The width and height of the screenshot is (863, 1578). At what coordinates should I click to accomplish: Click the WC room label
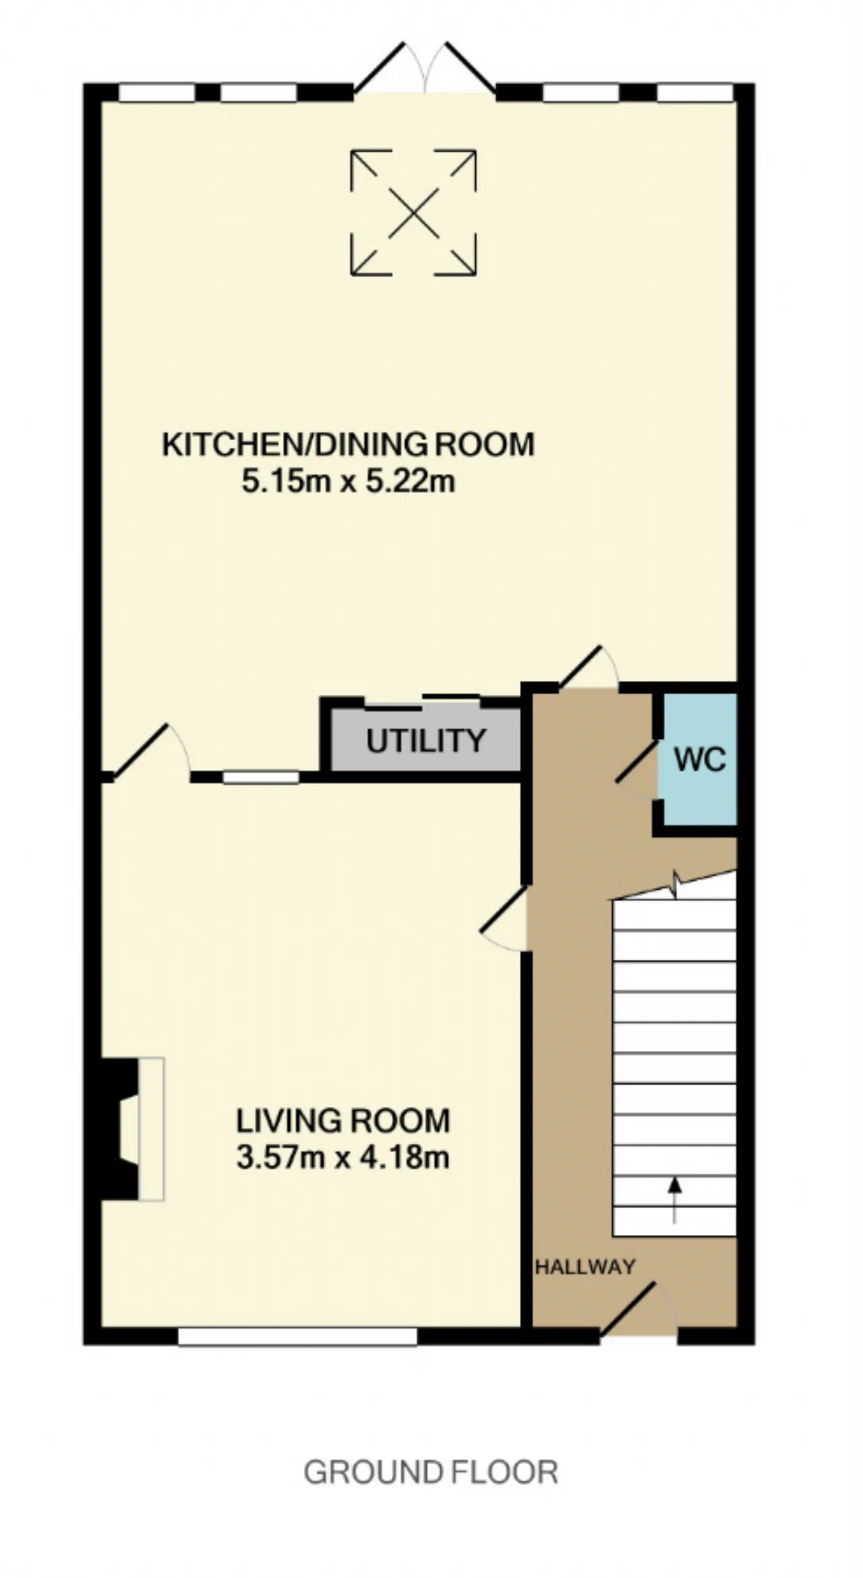tap(701, 760)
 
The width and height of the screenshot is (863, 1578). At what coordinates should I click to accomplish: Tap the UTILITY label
tap(425, 741)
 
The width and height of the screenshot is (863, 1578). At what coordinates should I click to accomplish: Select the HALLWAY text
tap(585, 1267)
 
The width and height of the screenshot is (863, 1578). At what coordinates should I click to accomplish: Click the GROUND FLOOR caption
tap(431, 1473)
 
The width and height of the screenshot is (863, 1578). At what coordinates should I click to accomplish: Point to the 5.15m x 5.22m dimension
tap(349, 482)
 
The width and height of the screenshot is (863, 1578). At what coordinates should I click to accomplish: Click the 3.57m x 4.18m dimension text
tap(343, 1158)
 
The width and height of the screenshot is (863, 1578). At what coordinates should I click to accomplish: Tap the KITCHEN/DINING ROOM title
tap(349, 445)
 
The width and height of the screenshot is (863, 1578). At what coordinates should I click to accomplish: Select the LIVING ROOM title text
tap(343, 1121)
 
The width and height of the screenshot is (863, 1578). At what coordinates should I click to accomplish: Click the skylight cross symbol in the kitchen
tap(413, 213)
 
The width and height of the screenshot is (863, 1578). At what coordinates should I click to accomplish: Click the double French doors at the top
tap(425, 67)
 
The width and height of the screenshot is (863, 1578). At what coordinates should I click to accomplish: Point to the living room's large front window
tap(297, 1336)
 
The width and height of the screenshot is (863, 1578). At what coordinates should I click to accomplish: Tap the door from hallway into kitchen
tap(589, 667)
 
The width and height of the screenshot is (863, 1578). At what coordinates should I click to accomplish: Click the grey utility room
tap(425, 739)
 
